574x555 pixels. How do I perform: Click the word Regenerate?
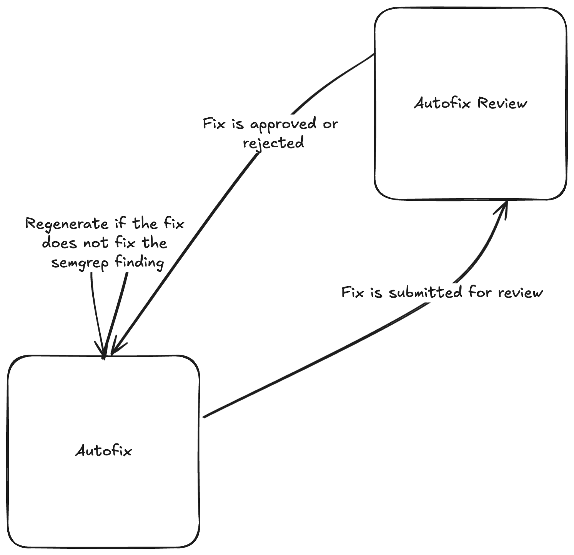tap(67, 224)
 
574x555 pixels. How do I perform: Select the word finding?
tap(140, 262)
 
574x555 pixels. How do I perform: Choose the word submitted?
tap(425, 292)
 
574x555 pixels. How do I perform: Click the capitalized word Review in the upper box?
tap(502, 103)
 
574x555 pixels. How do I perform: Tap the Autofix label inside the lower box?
tap(103, 451)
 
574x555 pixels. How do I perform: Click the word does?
tap(59, 243)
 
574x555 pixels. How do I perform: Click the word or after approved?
tap(330, 124)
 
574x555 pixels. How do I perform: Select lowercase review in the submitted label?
tap(521, 293)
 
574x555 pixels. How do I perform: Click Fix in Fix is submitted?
tap(352, 292)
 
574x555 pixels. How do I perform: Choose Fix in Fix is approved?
tap(214, 124)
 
